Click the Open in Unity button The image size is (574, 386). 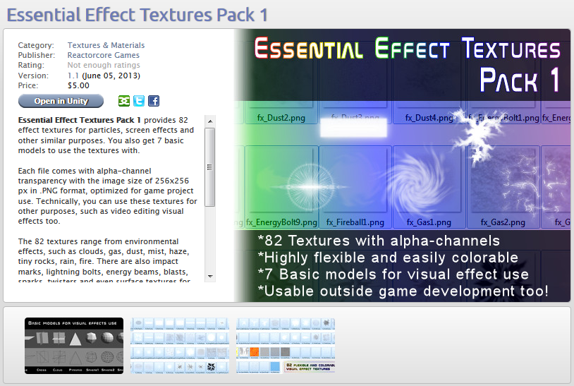coord(61,101)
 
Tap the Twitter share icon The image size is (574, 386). coord(139,101)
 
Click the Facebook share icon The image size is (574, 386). coord(153,101)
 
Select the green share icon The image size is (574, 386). coord(124,101)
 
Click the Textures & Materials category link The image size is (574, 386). coord(106,45)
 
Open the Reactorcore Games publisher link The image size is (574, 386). coord(103,55)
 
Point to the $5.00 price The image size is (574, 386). coord(78,85)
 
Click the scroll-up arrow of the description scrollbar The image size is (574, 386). coord(209,121)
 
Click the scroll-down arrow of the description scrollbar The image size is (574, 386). coord(209,276)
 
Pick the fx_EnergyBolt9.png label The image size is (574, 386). coord(276,222)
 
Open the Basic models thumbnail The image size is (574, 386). coord(74,345)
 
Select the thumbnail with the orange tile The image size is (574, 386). coord(286,345)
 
